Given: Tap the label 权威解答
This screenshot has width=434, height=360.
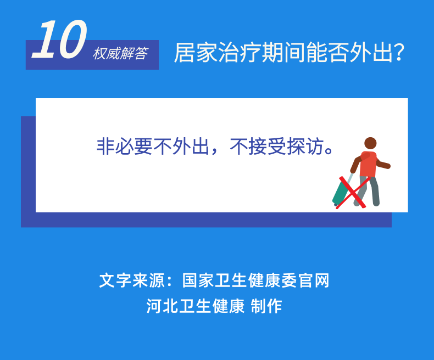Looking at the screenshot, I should click(x=120, y=54).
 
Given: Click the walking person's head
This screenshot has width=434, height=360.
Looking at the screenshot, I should click(x=371, y=143).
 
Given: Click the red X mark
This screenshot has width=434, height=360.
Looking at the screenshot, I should click(x=352, y=192).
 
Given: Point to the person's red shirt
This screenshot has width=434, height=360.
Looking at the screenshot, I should click(x=369, y=164).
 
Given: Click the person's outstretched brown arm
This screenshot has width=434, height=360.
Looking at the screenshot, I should click(x=383, y=164).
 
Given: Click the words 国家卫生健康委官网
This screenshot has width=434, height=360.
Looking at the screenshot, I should click(x=255, y=280).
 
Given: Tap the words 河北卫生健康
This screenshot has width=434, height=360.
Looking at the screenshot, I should click(x=195, y=306).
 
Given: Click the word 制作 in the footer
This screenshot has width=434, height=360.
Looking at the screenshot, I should click(x=266, y=306).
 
